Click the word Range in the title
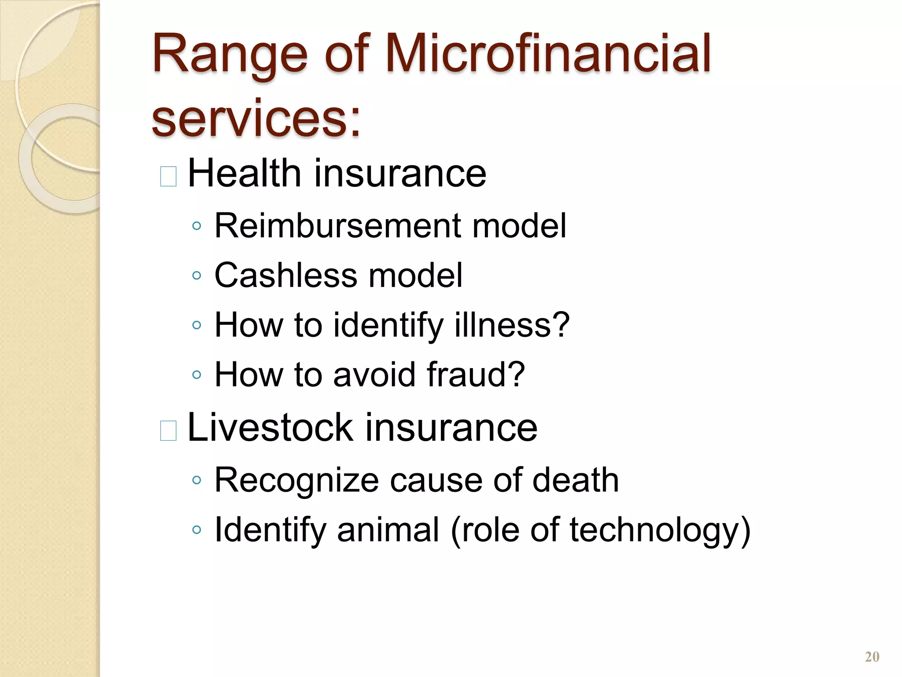[229, 55]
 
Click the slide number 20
[872, 657]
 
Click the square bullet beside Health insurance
[168, 177]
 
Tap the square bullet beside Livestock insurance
[168, 431]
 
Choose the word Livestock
[270, 427]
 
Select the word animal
[388, 530]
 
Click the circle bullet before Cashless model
[197, 276]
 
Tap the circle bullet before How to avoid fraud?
[197, 376]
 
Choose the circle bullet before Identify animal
[197, 530]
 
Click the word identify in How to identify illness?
[388, 325]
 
